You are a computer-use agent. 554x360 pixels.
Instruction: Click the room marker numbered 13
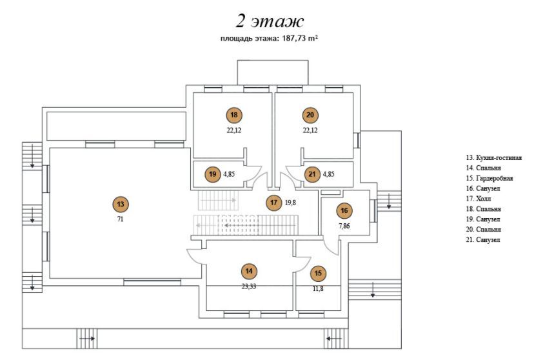point(121,205)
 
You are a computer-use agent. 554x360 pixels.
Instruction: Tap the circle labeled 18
point(234,115)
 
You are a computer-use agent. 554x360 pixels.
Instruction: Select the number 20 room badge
point(310,115)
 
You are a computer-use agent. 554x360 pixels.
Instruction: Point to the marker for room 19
point(212,174)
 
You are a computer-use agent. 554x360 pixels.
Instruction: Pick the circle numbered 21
point(312,174)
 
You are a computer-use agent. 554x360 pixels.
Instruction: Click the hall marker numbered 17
point(274,203)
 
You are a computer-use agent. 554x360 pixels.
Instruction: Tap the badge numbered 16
point(344,211)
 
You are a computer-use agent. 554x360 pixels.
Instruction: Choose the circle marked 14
point(249,272)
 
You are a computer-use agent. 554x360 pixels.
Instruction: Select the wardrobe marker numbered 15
point(318,273)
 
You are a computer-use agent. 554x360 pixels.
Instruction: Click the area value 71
point(120,219)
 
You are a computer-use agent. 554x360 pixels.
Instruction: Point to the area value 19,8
point(290,203)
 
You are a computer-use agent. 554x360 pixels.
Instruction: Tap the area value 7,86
point(344,226)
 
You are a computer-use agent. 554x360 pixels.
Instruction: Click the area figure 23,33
point(249,286)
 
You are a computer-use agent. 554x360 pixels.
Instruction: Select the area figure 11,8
point(318,288)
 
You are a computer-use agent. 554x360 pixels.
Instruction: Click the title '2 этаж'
point(270,21)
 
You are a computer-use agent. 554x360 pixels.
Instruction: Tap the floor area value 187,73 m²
point(300,38)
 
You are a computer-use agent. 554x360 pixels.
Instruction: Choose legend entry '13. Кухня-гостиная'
point(493,158)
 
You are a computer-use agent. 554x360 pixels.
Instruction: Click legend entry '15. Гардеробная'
point(490,179)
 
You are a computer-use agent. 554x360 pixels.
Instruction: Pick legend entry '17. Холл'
point(479,199)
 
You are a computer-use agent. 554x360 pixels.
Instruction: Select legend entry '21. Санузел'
point(483,240)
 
